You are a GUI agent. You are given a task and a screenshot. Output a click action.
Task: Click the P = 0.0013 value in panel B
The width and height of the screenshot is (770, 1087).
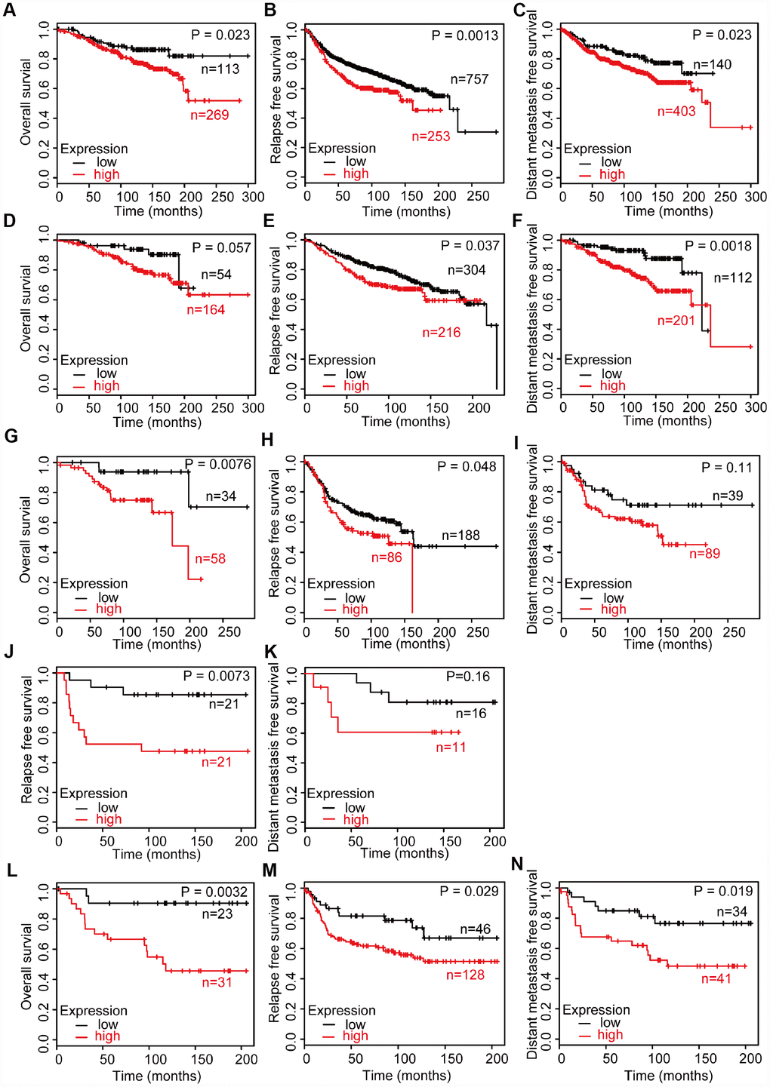tap(464, 35)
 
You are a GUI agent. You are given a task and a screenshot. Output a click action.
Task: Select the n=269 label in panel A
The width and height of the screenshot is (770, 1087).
tap(208, 115)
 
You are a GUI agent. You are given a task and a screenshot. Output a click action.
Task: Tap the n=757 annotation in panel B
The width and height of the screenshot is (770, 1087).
tap(470, 78)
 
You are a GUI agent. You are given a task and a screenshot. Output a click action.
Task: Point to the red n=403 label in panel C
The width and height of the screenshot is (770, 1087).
tap(676, 112)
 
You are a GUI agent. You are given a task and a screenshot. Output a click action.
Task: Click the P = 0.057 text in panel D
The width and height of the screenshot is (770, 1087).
tap(220, 247)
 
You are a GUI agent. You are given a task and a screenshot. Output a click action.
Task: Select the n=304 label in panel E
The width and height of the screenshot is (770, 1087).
tap(467, 269)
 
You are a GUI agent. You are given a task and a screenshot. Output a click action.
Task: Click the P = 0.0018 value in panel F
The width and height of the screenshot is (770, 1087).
tap(718, 246)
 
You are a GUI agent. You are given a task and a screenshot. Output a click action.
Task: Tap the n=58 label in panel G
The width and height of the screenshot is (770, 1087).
tap(210, 559)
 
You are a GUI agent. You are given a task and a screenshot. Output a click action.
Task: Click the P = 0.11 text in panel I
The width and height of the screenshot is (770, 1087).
tap(726, 468)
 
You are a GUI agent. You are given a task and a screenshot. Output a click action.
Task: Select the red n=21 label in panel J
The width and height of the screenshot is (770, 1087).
tap(217, 763)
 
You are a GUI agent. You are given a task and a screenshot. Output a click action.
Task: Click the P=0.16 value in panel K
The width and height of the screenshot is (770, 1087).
tap(467, 677)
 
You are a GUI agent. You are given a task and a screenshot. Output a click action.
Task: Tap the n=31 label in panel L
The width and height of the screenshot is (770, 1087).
tap(217, 982)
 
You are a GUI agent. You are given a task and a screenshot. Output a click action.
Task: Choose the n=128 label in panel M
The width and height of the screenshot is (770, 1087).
tap(465, 975)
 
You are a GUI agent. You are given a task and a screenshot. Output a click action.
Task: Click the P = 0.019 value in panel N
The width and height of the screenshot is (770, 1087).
tap(722, 891)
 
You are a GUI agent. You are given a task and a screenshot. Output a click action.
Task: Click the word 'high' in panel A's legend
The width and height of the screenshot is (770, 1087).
tap(106, 174)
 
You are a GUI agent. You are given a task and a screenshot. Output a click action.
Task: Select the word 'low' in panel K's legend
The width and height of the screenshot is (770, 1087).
tap(355, 808)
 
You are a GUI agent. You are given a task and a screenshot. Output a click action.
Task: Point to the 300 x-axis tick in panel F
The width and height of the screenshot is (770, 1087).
tap(755, 408)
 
